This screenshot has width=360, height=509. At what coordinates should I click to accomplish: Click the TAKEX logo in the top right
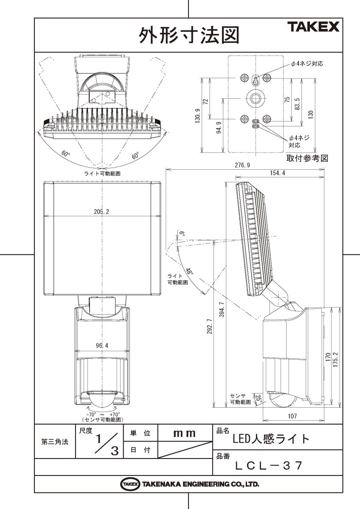314,28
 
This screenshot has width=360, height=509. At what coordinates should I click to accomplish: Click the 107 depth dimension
292,416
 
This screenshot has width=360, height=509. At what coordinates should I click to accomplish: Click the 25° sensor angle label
257,398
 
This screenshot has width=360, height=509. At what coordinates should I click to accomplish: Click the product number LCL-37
269,465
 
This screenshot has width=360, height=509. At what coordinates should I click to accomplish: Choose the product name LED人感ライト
272,439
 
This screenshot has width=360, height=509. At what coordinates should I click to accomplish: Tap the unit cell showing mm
185,433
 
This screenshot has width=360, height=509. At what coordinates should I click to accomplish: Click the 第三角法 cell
54,442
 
